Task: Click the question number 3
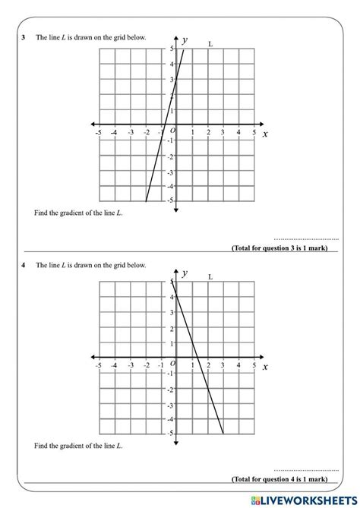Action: coord(25,37)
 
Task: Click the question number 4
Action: coord(25,265)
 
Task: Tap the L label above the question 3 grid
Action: coord(210,44)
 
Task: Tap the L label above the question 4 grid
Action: coord(210,277)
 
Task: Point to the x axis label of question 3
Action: coord(265,134)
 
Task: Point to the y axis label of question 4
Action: coord(185,273)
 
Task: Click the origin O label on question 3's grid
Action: coord(172,131)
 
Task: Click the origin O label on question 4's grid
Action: coord(172,364)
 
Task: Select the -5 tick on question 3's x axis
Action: coord(98,133)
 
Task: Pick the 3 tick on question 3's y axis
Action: coord(171,78)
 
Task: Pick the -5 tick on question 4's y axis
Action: coord(170,433)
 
